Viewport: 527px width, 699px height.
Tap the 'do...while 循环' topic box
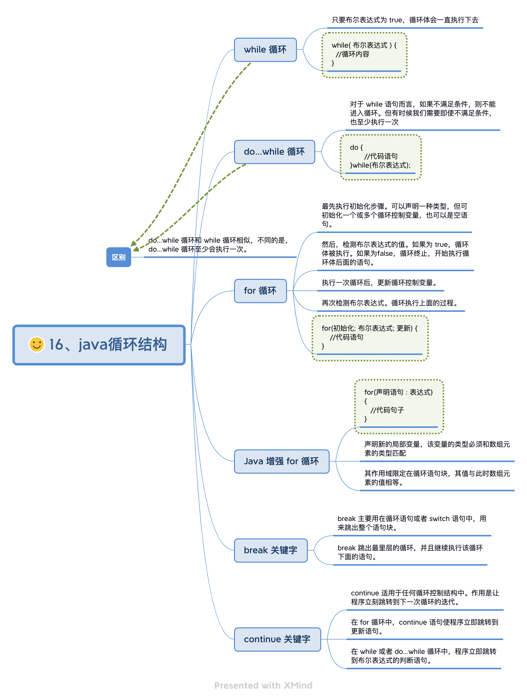tap(274, 152)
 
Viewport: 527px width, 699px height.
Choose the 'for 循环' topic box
tap(260, 291)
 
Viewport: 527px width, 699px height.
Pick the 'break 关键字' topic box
tap(270, 550)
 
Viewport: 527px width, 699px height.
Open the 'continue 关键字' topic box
tap(277, 639)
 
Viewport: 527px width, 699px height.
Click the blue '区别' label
tap(118, 257)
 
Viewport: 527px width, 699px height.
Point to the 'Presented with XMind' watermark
tap(263, 685)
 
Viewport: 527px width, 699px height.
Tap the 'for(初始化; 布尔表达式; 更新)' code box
tap(370, 338)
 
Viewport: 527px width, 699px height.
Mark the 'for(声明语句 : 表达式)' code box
tap(399, 406)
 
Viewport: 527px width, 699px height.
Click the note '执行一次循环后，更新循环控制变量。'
tap(379, 283)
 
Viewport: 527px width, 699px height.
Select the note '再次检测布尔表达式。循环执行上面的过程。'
tap(390, 303)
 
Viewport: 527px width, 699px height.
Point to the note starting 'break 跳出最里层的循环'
tap(410, 552)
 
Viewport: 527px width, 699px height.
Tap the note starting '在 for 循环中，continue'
tap(424, 627)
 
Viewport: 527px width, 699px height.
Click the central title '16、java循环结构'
tap(107, 345)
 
